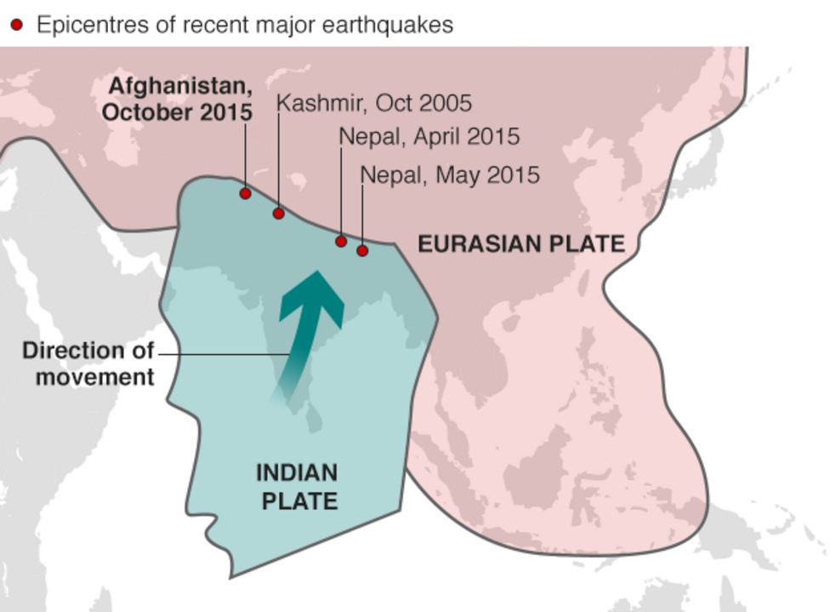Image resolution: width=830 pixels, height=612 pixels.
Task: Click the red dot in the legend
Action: click(x=16, y=26)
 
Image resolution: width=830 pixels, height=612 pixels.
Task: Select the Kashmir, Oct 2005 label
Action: click(x=374, y=104)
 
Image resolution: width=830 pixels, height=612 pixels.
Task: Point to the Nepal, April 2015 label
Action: click(x=429, y=136)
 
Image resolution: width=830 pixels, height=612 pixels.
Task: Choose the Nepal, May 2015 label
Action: click(x=450, y=175)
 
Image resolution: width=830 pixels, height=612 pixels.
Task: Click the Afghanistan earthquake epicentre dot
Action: click(x=245, y=194)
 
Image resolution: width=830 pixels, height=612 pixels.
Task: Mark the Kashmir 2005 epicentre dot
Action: click(x=278, y=213)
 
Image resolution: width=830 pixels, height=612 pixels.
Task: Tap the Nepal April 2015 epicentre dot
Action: click(x=341, y=242)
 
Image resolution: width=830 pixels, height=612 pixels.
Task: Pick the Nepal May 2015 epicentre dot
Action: click(x=362, y=250)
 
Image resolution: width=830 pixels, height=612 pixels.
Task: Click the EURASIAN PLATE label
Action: click(x=520, y=244)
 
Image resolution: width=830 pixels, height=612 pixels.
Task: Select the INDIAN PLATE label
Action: click(x=298, y=487)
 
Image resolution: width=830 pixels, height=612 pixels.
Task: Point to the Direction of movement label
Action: click(x=89, y=363)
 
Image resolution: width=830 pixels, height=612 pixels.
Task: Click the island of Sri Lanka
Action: click(x=314, y=418)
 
